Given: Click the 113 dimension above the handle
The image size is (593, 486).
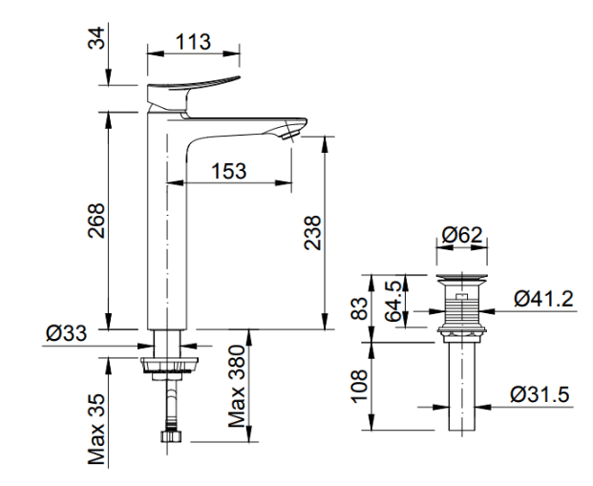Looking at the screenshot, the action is coord(193,42).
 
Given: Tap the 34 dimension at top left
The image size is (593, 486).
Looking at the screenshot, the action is coord(96,38).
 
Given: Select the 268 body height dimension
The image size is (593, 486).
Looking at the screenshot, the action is coord(96,221).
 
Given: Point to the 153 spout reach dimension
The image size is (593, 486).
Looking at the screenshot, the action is coord(229,171).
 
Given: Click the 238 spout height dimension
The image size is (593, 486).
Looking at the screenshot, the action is coord(313,233).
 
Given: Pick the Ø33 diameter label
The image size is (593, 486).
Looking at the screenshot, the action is coord(67,333).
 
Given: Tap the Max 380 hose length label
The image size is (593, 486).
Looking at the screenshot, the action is coord(237,386).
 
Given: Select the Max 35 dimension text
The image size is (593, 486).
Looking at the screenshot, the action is coord(96,429).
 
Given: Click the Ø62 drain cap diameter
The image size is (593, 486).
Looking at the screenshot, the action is coord(462,235).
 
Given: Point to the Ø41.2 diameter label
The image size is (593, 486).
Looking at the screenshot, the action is coord(544,299).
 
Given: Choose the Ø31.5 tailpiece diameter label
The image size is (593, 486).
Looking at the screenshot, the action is coord(540,394).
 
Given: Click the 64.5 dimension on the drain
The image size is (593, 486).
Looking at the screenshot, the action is coord(393,302).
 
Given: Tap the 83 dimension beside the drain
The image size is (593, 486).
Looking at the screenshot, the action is coord(359,308).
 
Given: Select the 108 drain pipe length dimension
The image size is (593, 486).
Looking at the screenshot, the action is coord(359,386).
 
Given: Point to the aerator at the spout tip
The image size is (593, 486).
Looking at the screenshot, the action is coord(290,133).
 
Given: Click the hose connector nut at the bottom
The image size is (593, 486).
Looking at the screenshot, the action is coord(171,435).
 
